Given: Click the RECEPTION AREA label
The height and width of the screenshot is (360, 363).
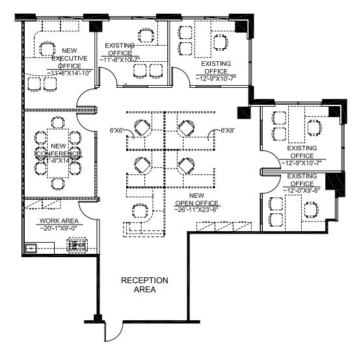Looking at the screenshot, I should click(x=144, y=284).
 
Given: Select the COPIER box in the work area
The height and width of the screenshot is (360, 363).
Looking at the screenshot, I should click(x=77, y=246).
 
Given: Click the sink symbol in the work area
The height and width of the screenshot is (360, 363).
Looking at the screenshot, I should click(x=31, y=248).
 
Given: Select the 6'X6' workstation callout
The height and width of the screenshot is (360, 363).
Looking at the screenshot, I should click(x=117, y=131).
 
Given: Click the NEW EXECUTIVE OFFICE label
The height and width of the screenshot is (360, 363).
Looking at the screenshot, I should click(x=70, y=58).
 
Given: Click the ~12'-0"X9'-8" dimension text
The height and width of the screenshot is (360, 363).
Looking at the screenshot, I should click(x=301, y=190).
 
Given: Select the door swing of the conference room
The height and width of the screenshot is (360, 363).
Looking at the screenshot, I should click(x=87, y=117).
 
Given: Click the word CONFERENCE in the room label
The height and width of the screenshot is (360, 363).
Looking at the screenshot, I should click(x=59, y=154).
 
